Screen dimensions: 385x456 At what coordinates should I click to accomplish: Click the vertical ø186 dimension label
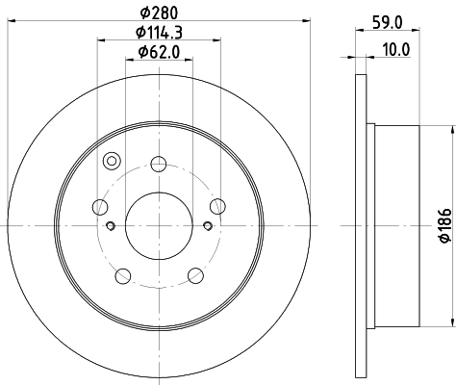coord(444,225)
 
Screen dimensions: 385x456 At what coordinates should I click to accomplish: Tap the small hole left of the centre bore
coord(111,226)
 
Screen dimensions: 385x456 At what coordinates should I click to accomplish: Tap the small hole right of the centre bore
coord(208,226)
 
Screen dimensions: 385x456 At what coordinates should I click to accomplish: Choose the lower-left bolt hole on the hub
coord(122,276)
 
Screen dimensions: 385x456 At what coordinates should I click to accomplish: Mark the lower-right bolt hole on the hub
coord(196,276)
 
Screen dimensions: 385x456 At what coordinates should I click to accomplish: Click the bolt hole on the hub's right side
coord(217,205)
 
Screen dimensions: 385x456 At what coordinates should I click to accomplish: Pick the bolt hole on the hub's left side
coord(100,205)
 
